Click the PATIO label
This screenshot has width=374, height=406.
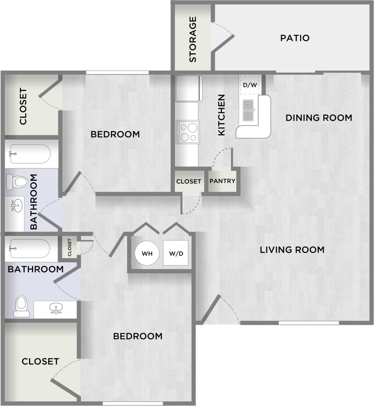[x=295, y=38]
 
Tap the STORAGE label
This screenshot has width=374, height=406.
[x=192, y=39]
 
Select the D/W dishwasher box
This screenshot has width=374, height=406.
[x=250, y=85]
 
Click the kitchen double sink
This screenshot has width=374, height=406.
[x=248, y=110]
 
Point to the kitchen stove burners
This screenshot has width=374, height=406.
[x=187, y=132]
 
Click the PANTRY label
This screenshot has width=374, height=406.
[x=222, y=181]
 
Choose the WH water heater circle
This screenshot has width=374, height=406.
[x=147, y=253]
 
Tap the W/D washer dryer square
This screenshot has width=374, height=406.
[x=176, y=253]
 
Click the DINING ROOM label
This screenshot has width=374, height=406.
[x=319, y=118]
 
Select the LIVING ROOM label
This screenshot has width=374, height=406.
[x=292, y=250]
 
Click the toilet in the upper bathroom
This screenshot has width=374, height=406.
[x=17, y=182]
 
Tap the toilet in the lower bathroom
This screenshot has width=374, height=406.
[x=21, y=307]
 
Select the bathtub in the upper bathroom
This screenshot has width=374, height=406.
[x=30, y=154]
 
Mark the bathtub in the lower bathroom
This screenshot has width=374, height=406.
[x=30, y=249]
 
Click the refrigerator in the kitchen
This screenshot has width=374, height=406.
[x=189, y=88]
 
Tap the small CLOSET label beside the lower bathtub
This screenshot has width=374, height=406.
[x=69, y=247]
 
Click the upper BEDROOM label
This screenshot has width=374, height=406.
[x=115, y=134]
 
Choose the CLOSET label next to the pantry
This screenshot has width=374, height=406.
[x=189, y=181]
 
